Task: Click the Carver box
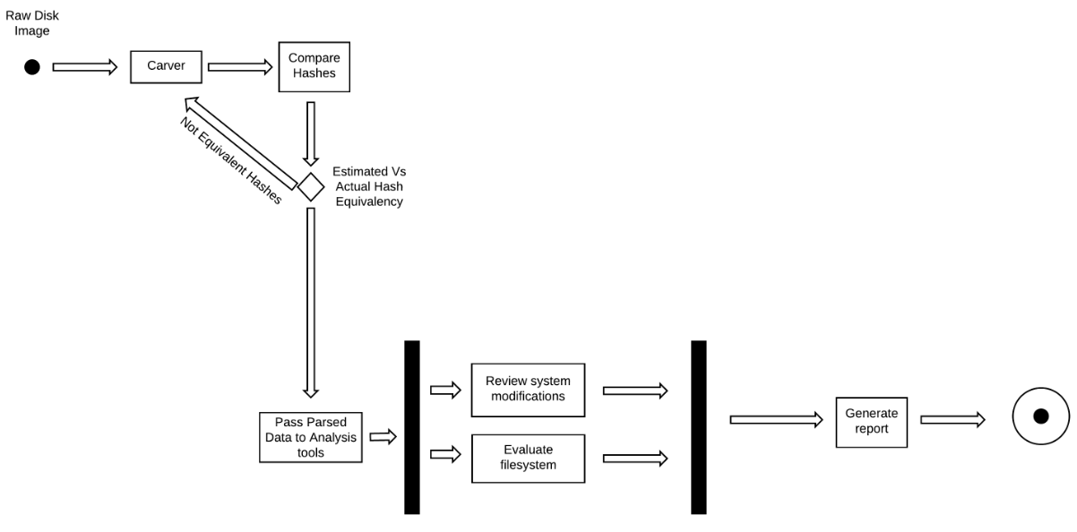166,66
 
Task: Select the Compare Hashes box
313,66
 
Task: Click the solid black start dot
32,67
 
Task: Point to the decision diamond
310,186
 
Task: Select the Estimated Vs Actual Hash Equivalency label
368,186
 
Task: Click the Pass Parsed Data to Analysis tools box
310,437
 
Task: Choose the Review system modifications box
527,390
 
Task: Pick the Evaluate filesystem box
527,458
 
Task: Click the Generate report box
870,422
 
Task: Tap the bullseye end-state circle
1040,416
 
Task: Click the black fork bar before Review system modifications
412,426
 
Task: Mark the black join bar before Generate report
699,426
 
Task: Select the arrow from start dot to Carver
85,67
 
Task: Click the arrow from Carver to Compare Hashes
239,67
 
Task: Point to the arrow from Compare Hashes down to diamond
310,133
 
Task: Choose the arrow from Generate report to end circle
952,419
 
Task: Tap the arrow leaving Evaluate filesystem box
635,458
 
